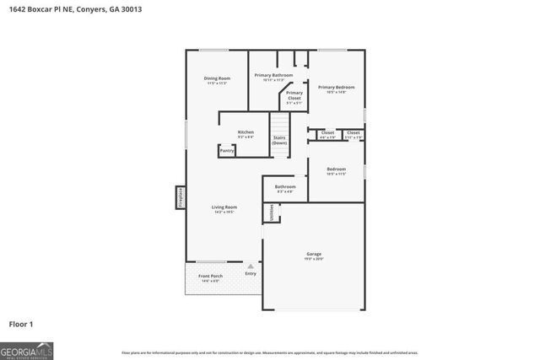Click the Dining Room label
coord(217,78)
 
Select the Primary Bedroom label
coord(336,88)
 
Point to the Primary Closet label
coord(294,96)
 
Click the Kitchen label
coord(246,132)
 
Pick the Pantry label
coord(227,151)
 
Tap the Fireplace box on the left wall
coord(180,196)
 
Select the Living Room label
coord(224,207)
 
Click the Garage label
coord(314,254)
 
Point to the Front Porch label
coord(210,277)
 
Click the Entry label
coord(251,274)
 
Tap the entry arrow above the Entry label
coord(250,266)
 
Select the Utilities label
coord(272,212)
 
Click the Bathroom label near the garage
coord(285,186)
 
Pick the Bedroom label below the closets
coord(336,169)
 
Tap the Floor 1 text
coord(21,323)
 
